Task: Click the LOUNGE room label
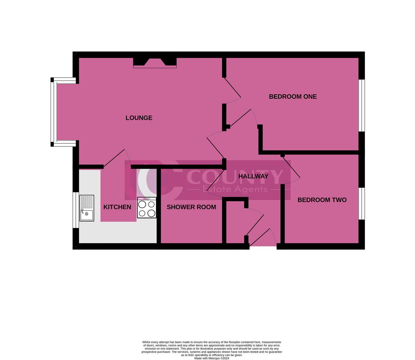(x=139, y=118)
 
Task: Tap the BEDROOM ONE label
(x=293, y=97)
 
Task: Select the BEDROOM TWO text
(x=322, y=200)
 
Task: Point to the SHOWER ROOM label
(x=191, y=207)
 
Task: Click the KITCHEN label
(x=117, y=207)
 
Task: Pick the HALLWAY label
(x=253, y=176)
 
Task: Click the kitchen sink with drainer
(x=87, y=208)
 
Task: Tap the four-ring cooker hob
(x=146, y=208)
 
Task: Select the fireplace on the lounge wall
(x=155, y=62)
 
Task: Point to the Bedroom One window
(x=362, y=105)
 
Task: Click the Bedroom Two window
(x=362, y=203)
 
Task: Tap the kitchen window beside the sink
(x=76, y=210)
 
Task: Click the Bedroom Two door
(x=291, y=169)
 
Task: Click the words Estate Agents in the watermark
(x=235, y=189)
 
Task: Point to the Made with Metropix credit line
(x=212, y=358)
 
